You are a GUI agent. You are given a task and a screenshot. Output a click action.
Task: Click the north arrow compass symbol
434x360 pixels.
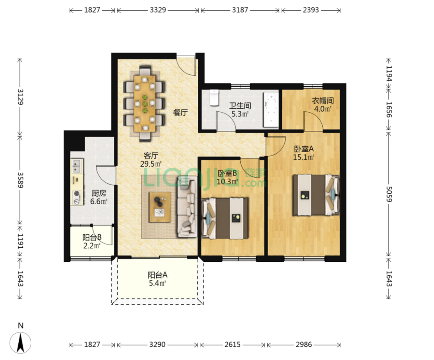pos(20,342)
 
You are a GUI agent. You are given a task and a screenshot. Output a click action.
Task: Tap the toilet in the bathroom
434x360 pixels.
pos(214,98)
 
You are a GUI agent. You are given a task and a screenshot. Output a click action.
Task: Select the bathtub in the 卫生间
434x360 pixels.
pos(271,110)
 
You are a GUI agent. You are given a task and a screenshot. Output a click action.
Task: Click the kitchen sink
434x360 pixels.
pos(77,165)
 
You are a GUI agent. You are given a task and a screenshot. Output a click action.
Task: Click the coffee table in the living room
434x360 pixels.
pos(160,207)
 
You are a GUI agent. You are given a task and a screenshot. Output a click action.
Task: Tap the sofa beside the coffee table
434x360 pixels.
pos(187,207)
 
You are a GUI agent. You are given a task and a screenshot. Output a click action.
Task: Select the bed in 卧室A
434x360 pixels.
pos(316,195)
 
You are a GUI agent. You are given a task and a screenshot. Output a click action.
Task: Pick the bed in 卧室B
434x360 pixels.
pos(225,218)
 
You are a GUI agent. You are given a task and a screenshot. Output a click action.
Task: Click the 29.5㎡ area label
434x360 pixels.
pos(151,164)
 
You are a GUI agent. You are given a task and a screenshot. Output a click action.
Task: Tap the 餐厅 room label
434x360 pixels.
pos(180,112)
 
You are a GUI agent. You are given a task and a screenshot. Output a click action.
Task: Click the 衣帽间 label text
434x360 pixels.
pos(323,101)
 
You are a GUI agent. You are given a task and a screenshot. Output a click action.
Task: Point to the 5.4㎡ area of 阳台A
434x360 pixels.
pos(158,283)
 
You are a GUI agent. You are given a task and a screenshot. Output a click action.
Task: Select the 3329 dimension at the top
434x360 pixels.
pos(158,10)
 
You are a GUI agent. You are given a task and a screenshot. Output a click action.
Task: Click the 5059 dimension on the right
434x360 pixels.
pos(389,194)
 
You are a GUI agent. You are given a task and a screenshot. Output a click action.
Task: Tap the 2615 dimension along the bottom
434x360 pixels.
pos(232,345)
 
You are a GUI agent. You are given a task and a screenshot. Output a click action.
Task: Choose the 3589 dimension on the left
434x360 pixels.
pos(20,180)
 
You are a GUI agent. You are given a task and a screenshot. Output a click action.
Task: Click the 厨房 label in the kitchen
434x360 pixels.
pos(99,193)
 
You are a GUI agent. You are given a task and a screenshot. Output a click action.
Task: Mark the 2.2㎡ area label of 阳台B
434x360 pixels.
pos(92,245)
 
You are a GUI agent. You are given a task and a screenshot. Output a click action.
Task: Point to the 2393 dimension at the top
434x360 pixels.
pos(311,10)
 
